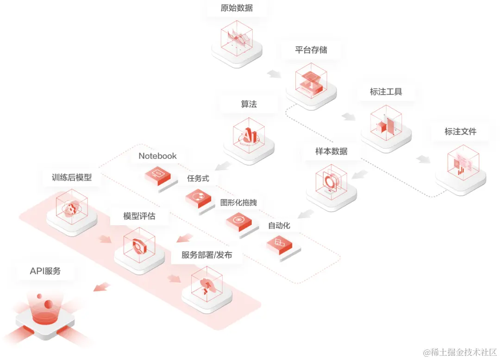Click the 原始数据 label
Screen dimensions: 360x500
pos(237,8)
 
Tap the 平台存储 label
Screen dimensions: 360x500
pos(311,50)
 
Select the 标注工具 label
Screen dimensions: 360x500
pos(386,92)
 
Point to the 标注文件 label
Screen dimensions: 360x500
pos(460,132)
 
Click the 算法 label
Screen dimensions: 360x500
pos(249,104)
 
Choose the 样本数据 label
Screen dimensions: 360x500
pos(331,151)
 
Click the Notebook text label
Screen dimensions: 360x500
pos(157,156)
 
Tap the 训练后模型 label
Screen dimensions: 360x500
pos(72,177)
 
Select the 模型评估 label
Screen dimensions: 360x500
pos(139,216)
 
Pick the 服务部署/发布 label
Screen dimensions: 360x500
pos(207,255)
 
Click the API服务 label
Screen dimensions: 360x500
pos(45,271)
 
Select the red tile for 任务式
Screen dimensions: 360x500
pos(199,197)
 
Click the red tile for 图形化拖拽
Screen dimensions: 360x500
pos(238,221)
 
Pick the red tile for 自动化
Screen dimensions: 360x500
pos(279,243)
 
